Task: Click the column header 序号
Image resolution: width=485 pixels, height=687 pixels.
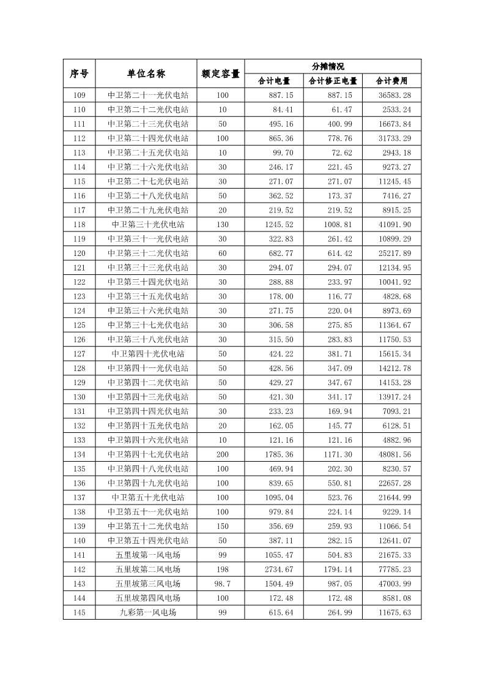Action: [x=79, y=73]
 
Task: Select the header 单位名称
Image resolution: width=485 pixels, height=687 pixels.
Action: [x=146, y=73]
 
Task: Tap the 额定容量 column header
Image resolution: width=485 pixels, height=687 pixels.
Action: [x=220, y=73]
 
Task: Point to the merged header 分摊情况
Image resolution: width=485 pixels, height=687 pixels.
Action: [x=333, y=66]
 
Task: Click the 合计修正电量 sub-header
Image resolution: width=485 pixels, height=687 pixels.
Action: [x=333, y=81]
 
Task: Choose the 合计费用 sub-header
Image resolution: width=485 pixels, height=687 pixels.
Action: [x=391, y=81]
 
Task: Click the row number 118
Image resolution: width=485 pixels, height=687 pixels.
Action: [x=79, y=225]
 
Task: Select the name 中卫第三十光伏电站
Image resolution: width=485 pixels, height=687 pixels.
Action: [x=148, y=225]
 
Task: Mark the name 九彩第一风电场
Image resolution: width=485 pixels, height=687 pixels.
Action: [x=148, y=612]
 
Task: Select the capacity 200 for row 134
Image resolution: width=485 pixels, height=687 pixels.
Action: [x=221, y=454]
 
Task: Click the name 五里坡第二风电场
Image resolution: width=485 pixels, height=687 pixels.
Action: [x=148, y=569]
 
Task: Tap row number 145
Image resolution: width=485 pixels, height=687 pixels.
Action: [x=79, y=612]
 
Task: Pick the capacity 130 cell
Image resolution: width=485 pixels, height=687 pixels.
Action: [x=221, y=225]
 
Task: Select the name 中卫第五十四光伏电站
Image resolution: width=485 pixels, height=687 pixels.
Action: [x=148, y=541]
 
